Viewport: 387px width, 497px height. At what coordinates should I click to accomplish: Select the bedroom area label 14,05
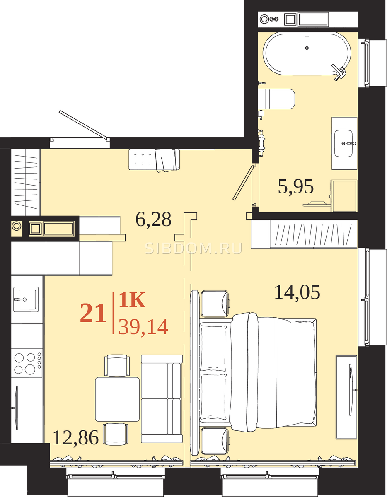(297, 292)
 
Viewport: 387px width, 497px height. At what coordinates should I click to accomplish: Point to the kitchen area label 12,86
(76, 437)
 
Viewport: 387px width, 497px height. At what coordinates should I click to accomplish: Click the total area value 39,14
(143, 327)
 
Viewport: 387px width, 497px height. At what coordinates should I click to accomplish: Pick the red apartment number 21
(93, 313)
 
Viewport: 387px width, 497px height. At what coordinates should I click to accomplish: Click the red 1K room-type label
(132, 300)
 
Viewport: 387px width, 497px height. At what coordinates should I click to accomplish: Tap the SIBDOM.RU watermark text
(193, 248)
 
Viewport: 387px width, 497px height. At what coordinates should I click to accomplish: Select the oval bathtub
(307, 53)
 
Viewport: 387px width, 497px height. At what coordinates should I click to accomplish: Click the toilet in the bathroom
(276, 99)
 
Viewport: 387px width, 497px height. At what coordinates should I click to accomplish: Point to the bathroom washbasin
(344, 143)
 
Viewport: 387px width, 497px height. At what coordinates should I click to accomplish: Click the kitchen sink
(26, 299)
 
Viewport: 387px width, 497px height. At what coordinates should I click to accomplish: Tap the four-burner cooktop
(27, 363)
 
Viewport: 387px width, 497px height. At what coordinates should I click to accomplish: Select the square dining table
(117, 399)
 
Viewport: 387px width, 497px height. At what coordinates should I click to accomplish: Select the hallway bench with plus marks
(154, 159)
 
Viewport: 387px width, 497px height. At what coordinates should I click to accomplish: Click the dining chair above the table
(117, 365)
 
